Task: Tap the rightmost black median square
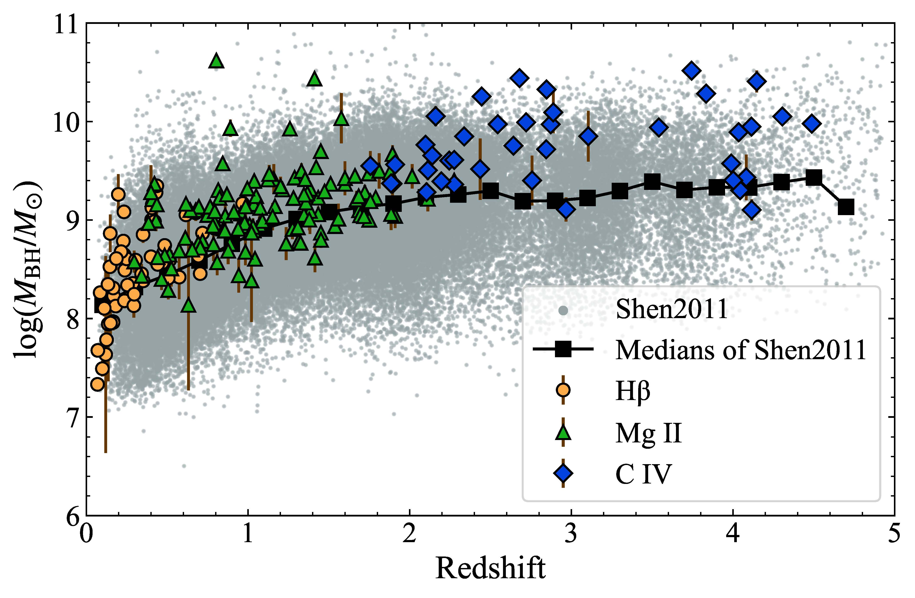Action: pyautogui.click(x=846, y=207)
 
